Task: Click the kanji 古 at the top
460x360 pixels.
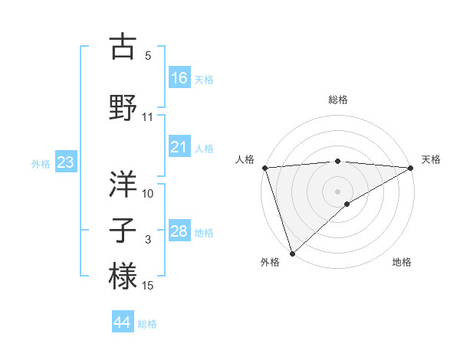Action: click(123, 48)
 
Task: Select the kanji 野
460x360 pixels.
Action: click(123, 107)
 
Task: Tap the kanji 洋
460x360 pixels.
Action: click(123, 183)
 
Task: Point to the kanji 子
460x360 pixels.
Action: click(123, 229)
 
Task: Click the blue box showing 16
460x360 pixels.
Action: click(179, 77)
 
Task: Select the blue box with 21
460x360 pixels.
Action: click(179, 147)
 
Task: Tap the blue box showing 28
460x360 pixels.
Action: click(179, 231)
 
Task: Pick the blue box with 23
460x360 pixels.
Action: click(65, 162)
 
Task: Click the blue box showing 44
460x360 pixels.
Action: click(123, 322)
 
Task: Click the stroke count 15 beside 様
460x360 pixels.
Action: click(148, 286)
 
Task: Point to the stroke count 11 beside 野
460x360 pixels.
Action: click(148, 117)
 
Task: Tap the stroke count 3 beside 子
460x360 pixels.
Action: click(148, 240)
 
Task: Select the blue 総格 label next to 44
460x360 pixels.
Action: click(147, 324)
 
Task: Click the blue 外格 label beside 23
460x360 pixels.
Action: click(40, 164)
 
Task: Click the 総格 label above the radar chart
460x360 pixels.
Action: click(338, 100)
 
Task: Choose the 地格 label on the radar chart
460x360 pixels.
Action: click(402, 262)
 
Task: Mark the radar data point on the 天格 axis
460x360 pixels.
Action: click(411, 168)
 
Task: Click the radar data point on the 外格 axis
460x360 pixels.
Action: click(292, 253)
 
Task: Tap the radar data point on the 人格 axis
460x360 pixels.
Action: click(264, 168)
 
